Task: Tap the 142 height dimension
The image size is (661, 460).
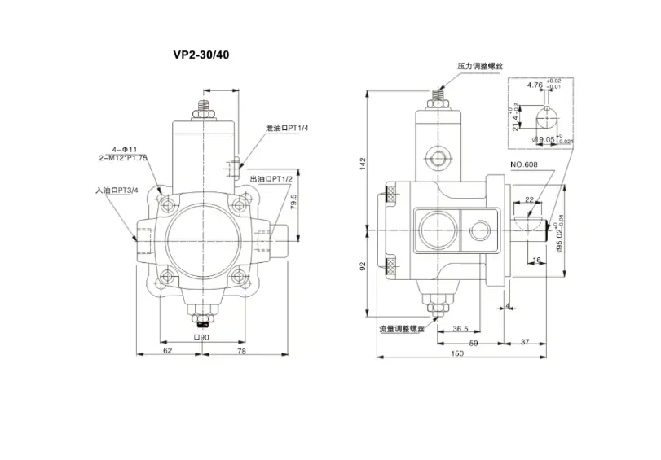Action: point(364,164)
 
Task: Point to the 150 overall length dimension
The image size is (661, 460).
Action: point(458,353)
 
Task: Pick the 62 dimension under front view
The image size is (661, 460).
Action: point(167,351)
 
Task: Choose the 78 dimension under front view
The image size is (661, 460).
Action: point(241,351)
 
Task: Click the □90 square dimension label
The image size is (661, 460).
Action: point(201,337)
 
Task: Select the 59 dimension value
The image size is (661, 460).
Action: point(473,342)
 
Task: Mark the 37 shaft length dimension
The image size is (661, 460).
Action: point(525,342)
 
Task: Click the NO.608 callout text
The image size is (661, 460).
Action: point(526,165)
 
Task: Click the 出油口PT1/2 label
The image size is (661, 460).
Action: point(274,179)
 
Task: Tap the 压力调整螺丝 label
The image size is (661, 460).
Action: point(479,66)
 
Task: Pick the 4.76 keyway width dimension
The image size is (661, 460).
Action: point(535,85)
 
